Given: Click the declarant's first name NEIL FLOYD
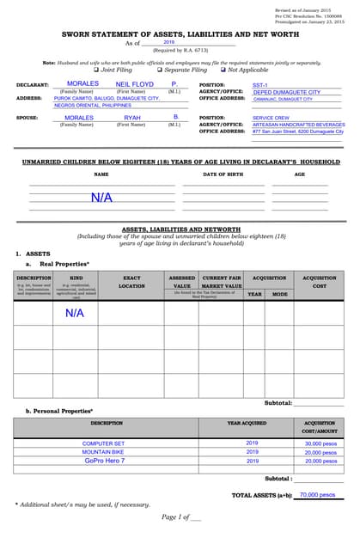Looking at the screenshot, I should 135,84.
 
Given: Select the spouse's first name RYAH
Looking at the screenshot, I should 131,117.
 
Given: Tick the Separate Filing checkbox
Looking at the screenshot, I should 159,70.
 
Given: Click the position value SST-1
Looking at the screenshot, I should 259,86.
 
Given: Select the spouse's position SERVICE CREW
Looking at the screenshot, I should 271,118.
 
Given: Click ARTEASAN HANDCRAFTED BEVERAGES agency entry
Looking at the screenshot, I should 297,125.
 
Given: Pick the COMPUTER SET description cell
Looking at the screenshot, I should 103,443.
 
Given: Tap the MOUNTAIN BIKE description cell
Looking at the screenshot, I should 103,452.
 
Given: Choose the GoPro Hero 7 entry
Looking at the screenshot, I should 104,461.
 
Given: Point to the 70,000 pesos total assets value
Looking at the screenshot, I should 317,495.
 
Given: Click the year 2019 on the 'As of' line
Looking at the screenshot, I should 168,42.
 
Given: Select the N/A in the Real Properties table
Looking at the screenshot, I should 75,314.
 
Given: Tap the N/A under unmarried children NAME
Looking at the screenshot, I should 101,198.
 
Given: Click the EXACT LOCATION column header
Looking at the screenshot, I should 131,282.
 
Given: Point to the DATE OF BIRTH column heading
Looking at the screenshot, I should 223,174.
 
